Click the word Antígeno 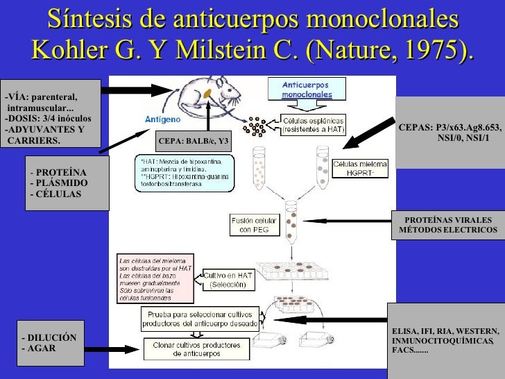tap(162, 118)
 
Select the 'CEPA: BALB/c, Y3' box tap(194, 142)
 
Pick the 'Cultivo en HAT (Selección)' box tap(228, 280)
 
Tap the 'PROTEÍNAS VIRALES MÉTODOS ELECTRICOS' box tap(448, 224)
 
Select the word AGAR tap(41, 348)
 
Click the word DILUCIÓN tap(53, 337)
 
